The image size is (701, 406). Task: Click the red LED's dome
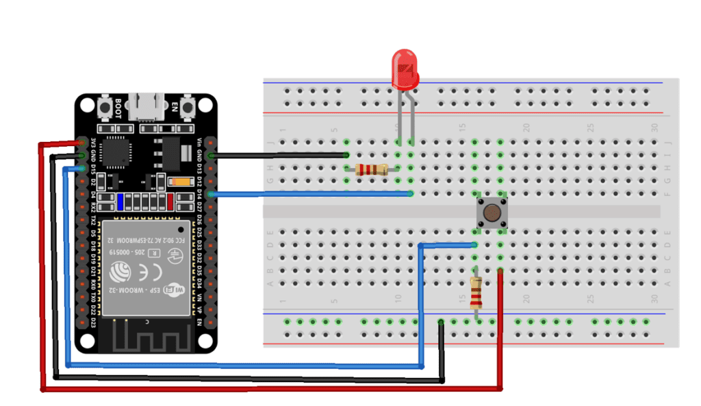coord(405,69)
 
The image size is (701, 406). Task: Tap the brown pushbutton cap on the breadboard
coord(491,213)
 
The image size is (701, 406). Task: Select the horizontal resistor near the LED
coord(372,169)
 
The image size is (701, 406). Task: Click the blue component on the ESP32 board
coord(120,202)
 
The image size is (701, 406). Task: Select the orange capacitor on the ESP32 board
coord(182,182)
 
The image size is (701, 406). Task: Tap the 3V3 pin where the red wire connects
coord(83,143)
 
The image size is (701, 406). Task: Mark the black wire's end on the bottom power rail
coord(442,322)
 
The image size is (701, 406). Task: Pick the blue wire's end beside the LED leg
coord(411,194)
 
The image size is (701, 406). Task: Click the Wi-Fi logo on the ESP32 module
coord(175,291)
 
